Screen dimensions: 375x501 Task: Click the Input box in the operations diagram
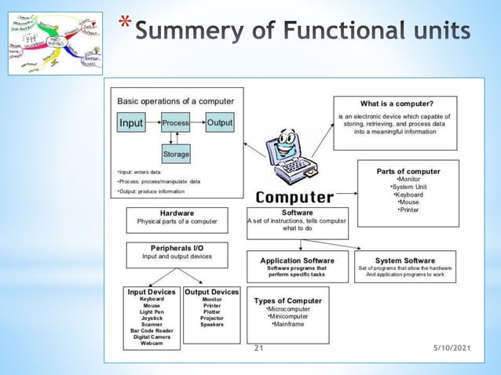pyautogui.click(x=131, y=123)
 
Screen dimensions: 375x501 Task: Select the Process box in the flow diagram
pyautogui.click(x=176, y=123)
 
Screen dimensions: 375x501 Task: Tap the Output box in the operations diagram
pyautogui.click(x=220, y=123)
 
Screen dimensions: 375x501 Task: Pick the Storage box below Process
pyautogui.click(x=176, y=154)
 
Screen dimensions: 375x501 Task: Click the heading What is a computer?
pyautogui.click(x=397, y=104)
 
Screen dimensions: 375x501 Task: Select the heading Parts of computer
pyautogui.click(x=408, y=171)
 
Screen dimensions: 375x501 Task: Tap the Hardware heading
pyautogui.click(x=177, y=213)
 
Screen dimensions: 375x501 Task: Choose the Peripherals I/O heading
pyautogui.click(x=177, y=248)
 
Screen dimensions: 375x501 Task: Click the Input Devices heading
pyautogui.click(x=152, y=292)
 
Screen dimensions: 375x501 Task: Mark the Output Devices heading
pyautogui.click(x=211, y=292)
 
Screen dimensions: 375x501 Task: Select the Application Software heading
pyautogui.click(x=297, y=260)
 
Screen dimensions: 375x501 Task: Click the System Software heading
pyautogui.click(x=405, y=260)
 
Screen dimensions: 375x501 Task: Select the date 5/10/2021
pyautogui.click(x=452, y=347)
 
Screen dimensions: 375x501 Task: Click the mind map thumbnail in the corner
pyautogui.click(x=55, y=43)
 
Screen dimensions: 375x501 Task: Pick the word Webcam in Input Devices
pyautogui.click(x=152, y=343)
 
